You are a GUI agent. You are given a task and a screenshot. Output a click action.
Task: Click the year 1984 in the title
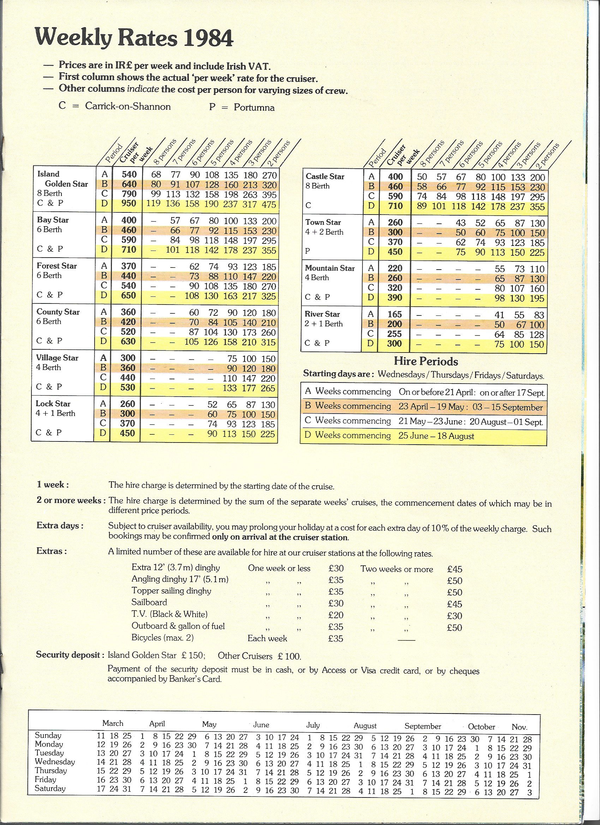pyautogui.click(x=208, y=39)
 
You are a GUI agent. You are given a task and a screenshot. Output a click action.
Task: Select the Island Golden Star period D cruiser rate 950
pyautogui.click(x=129, y=203)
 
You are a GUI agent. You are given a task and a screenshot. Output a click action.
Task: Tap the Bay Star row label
pyautogui.click(x=53, y=220)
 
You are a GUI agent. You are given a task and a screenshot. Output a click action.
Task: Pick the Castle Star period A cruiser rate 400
pyautogui.click(x=395, y=177)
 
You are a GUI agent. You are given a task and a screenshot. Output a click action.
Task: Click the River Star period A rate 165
pyautogui.click(x=395, y=315)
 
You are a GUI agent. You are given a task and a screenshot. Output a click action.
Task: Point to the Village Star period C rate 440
pyautogui.click(x=128, y=378)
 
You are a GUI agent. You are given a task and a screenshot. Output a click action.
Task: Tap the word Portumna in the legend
pyautogui.click(x=254, y=108)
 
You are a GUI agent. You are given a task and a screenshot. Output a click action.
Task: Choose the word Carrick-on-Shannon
pyautogui.click(x=128, y=106)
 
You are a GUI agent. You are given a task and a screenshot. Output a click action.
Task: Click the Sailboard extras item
pyautogui.click(x=149, y=602)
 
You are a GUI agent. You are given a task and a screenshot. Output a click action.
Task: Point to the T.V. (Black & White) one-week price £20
pyautogui.click(x=336, y=615)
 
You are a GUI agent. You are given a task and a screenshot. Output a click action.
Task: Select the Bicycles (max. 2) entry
pyautogui.click(x=163, y=638)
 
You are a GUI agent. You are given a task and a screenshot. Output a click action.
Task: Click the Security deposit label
pyautogui.click(x=68, y=655)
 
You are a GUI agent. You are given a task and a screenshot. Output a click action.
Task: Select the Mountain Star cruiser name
pyautogui.click(x=330, y=269)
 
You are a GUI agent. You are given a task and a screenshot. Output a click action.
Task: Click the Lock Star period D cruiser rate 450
pyautogui.click(x=128, y=433)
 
